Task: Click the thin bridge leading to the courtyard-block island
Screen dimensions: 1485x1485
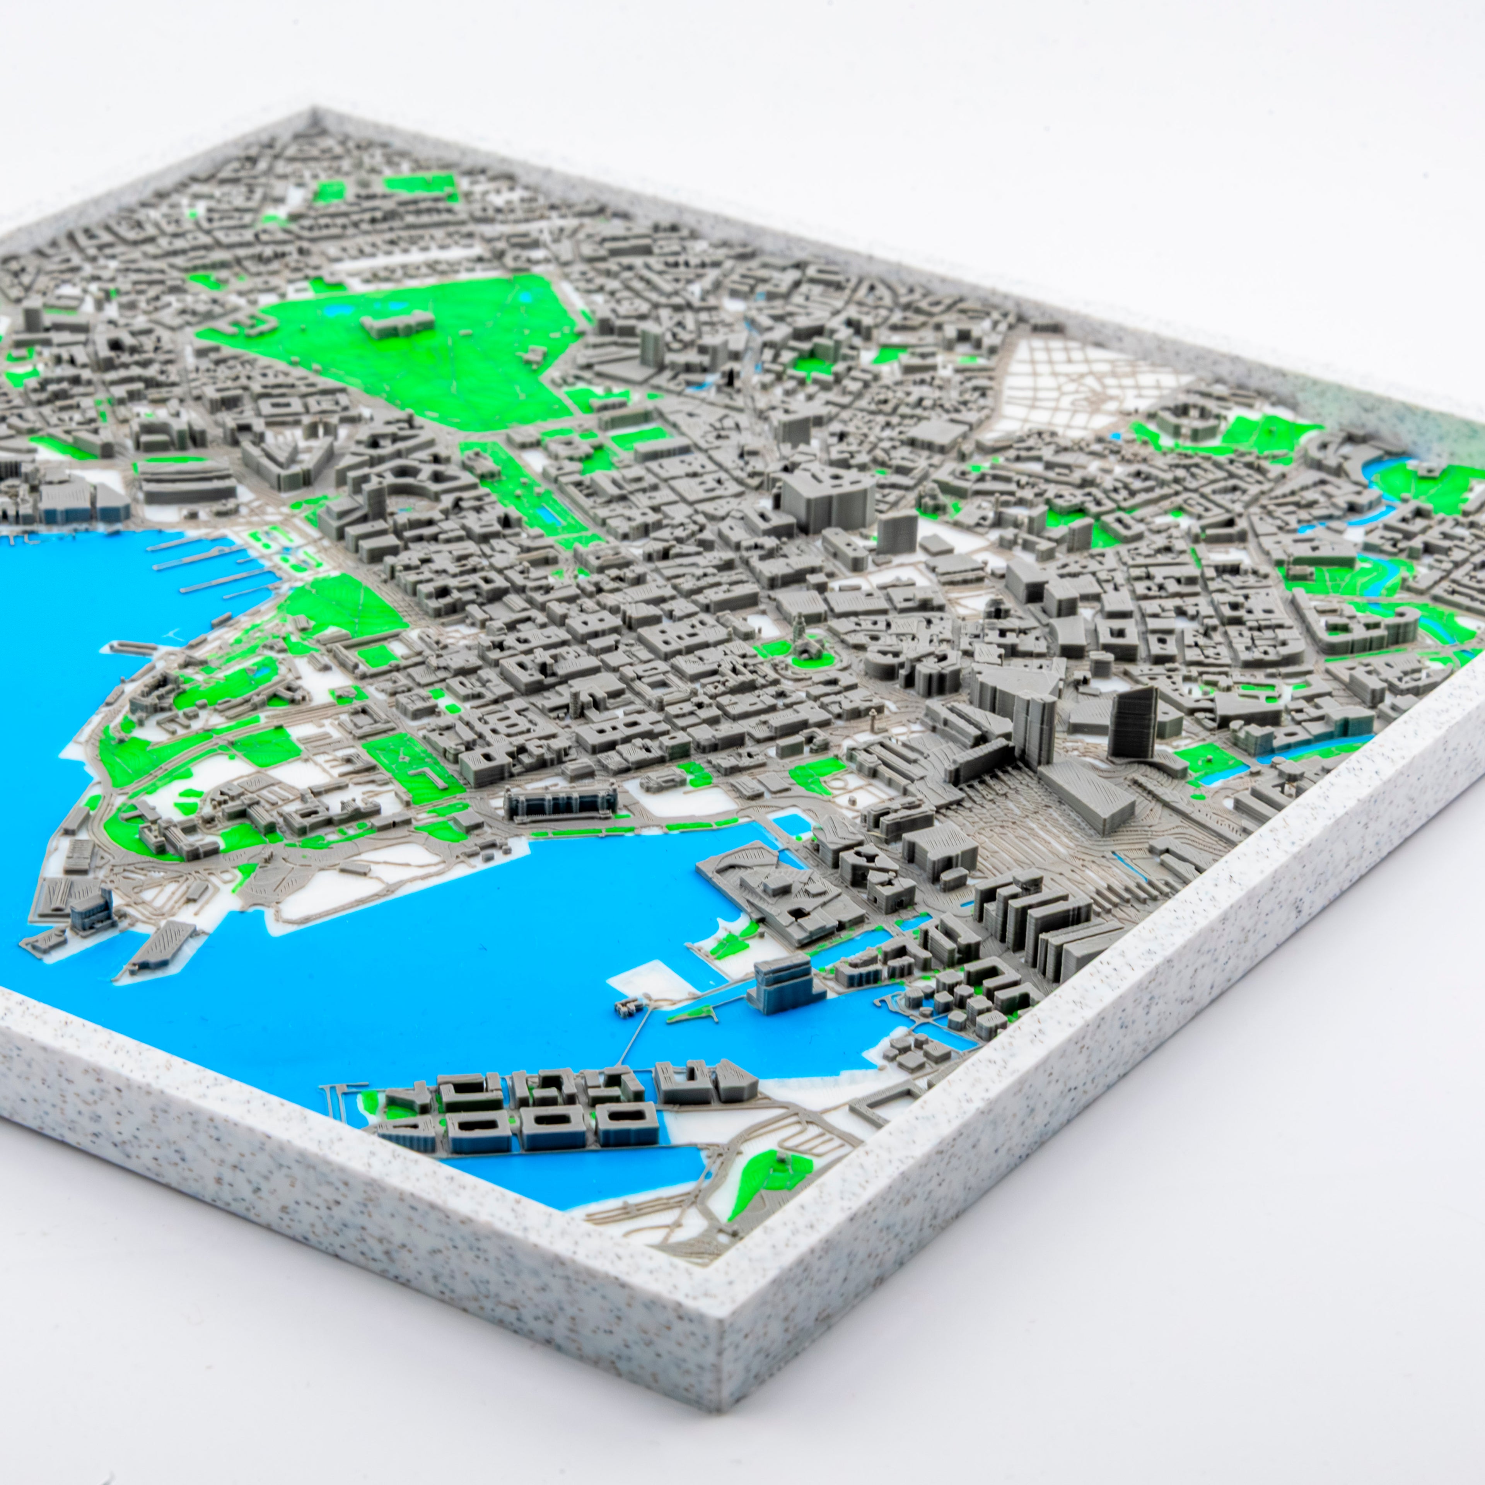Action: coord(632,1039)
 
